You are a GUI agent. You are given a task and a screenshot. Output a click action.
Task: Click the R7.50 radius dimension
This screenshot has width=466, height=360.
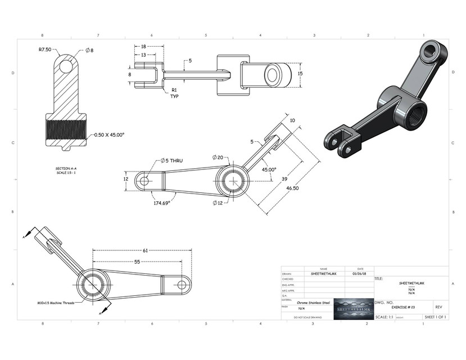(x=45, y=49)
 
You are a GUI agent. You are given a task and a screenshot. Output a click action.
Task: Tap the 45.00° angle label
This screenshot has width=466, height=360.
(x=269, y=169)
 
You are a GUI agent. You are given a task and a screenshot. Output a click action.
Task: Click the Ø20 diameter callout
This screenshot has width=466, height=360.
(x=218, y=157)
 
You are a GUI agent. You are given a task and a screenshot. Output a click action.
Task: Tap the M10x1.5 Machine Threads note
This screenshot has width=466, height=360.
(x=48, y=302)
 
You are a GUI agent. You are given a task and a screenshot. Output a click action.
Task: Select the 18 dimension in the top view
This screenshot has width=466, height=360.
(x=144, y=47)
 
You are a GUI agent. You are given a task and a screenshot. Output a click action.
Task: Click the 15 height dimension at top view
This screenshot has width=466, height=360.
(x=300, y=74)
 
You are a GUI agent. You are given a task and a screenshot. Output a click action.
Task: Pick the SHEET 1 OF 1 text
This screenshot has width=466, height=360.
(x=435, y=317)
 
